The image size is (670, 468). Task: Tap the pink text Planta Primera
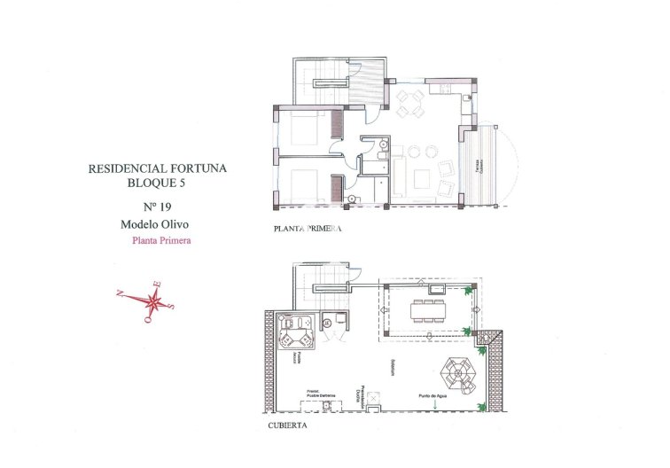pos(161,240)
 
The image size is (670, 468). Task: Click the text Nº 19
pos(155,206)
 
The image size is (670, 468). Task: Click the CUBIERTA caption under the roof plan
pos(287,426)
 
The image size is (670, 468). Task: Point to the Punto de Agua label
pos(434,396)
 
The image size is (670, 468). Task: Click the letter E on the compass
pos(159,284)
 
